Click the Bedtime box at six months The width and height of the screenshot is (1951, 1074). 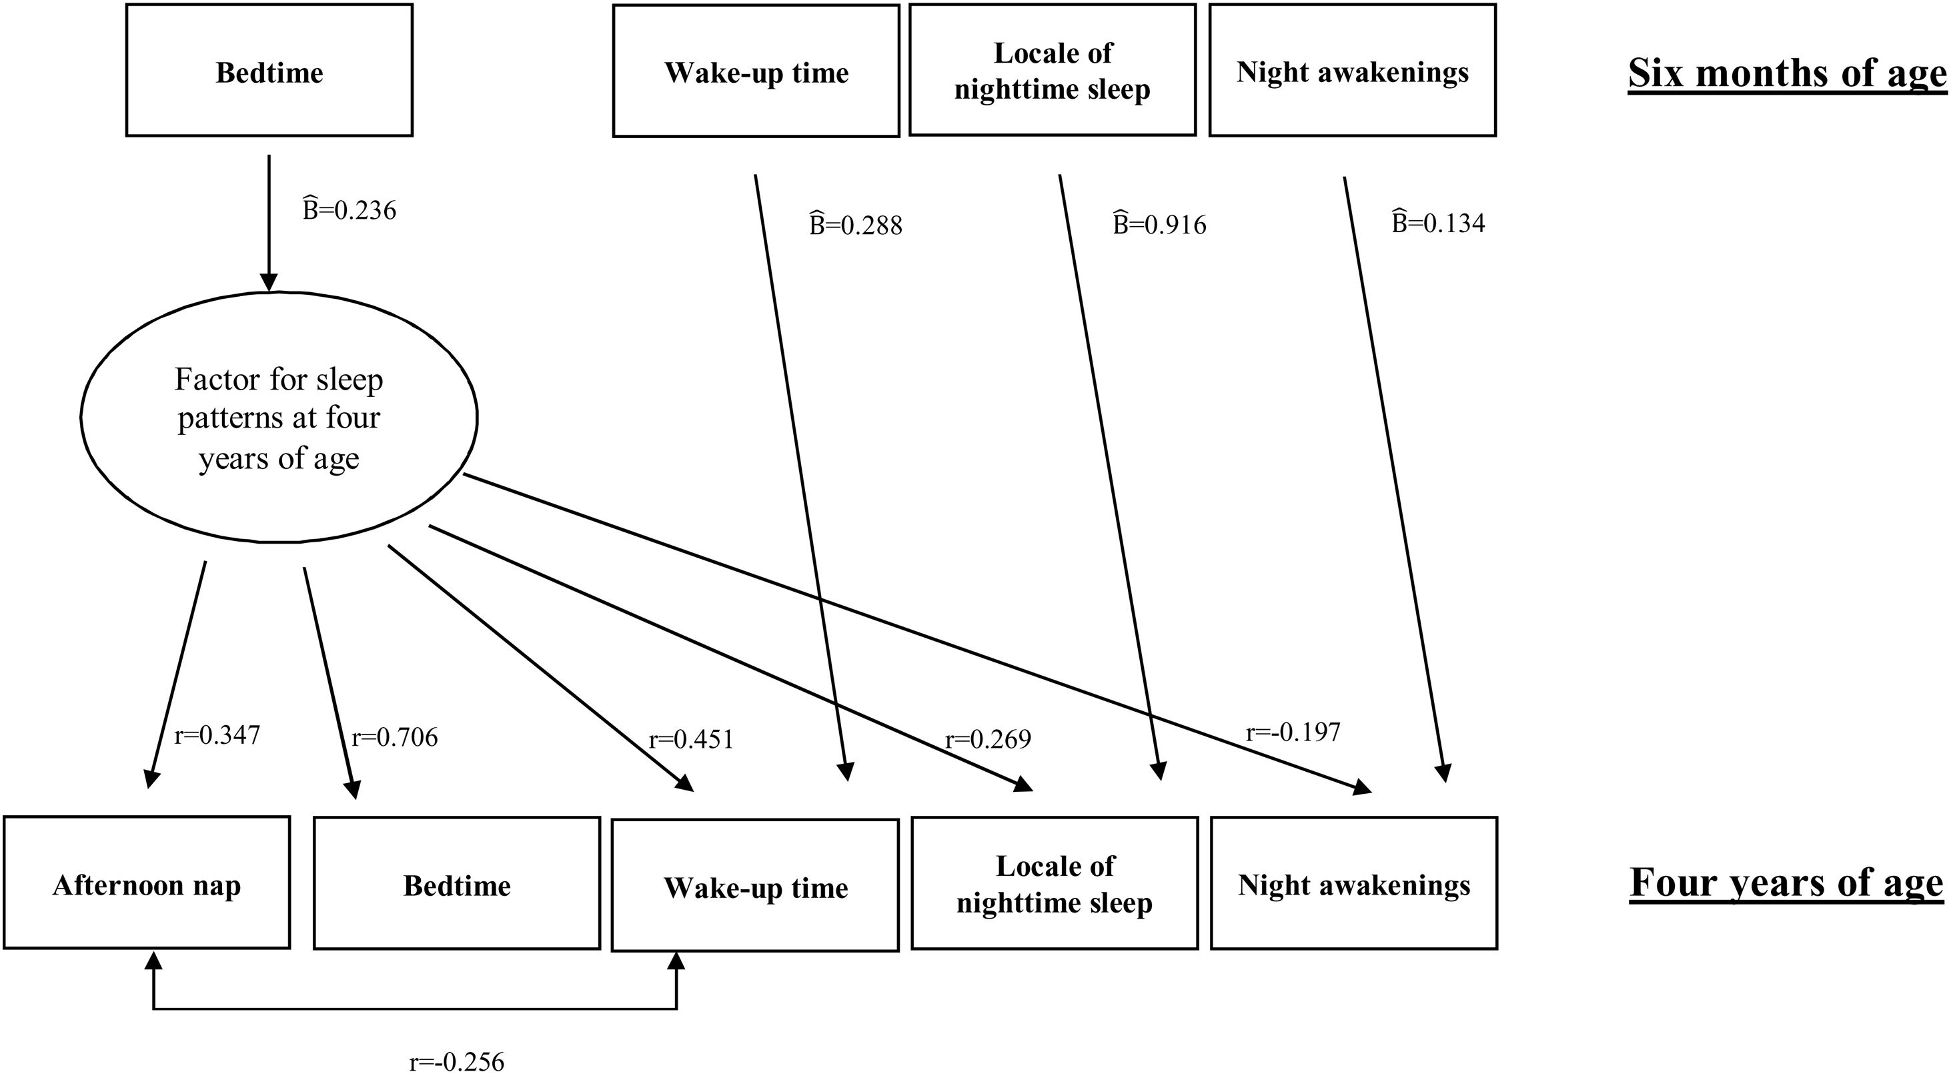[x=269, y=71]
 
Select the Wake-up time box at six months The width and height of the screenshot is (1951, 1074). [x=756, y=71]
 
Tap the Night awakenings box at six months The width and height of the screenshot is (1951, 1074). [x=1352, y=71]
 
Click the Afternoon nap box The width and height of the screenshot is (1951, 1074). [x=147, y=883]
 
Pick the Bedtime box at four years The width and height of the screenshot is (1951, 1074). [x=457, y=883]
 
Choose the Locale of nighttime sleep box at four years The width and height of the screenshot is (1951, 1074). [x=1055, y=883]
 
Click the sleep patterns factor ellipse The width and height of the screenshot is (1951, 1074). [x=279, y=418]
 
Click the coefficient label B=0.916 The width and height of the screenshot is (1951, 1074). [x=1159, y=224]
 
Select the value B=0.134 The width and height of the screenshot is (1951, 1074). [x=1438, y=223]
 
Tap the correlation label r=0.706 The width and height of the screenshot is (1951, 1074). [x=395, y=737]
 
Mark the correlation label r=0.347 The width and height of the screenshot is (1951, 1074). [x=217, y=734]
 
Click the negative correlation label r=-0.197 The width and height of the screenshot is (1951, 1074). [x=1293, y=732]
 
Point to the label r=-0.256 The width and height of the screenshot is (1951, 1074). [x=456, y=1061]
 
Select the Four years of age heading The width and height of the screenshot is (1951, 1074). [x=1786, y=883]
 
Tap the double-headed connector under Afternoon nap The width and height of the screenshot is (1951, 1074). [x=415, y=1008]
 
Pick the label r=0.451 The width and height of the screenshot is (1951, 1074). [x=691, y=739]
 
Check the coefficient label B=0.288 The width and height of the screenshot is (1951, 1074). [x=856, y=225]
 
